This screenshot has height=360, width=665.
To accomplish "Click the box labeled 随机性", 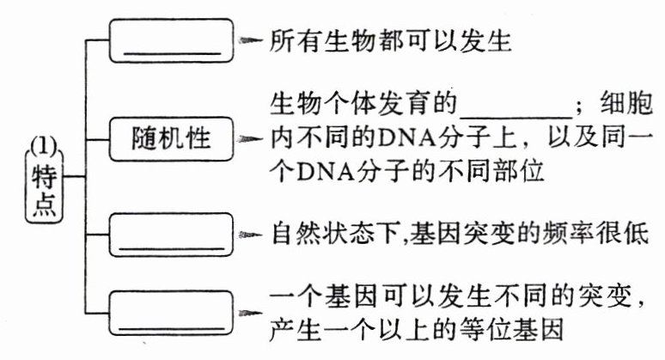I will (x=172, y=137).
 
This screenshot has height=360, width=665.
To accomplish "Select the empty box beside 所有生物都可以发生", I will (x=172, y=40).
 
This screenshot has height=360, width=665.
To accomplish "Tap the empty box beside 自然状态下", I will (x=172, y=235).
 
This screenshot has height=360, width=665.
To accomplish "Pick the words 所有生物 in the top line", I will (x=314, y=40).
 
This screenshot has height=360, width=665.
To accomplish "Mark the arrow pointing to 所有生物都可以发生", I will (x=250, y=40).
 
